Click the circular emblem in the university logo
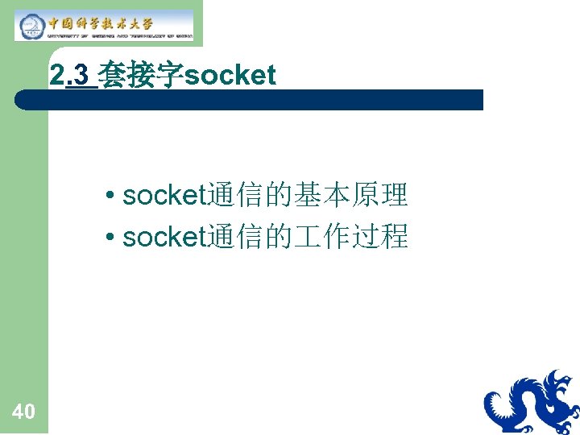[31, 25]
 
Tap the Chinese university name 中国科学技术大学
[100, 23]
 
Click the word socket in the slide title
[230, 76]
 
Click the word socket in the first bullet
[164, 195]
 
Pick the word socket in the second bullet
[164, 237]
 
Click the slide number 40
[23, 412]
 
